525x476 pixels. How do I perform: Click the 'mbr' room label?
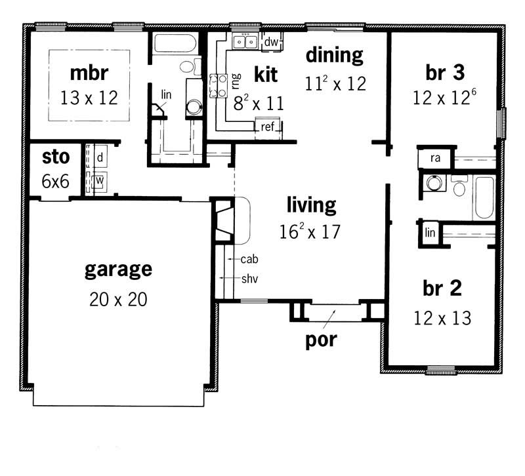[89, 71]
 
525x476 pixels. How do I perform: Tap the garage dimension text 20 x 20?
[118, 299]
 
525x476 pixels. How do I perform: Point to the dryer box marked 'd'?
[100, 158]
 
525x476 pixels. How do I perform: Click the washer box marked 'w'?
[100, 178]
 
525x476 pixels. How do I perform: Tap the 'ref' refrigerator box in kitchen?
[267, 127]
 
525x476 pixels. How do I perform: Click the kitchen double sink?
[246, 42]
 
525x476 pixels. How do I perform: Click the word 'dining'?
[334, 55]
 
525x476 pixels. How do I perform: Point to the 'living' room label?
[311, 205]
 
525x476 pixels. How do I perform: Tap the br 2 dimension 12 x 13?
[442, 318]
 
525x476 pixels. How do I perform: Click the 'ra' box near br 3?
[434, 159]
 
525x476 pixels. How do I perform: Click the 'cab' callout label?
[249, 260]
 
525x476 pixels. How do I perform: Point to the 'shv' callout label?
[249, 279]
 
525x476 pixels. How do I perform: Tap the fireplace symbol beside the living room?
[224, 219]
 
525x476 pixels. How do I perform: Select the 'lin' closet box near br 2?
[430, 233]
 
